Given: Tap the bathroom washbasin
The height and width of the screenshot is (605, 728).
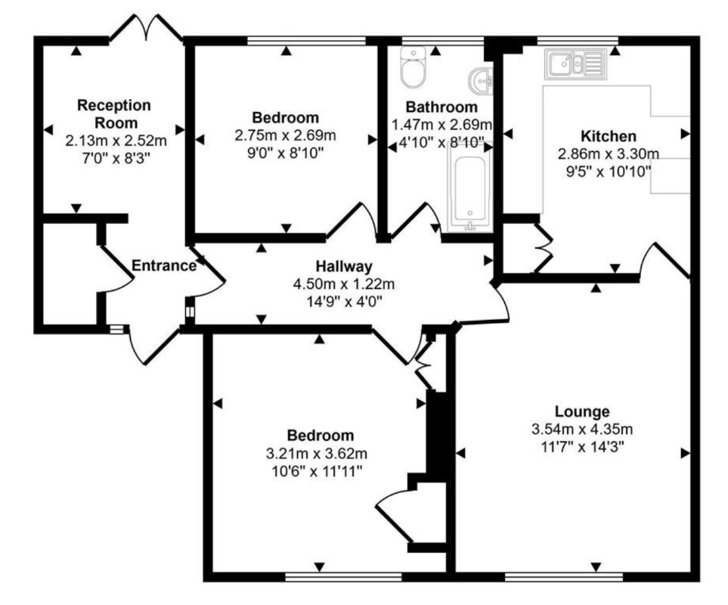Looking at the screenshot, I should tap(482, 78).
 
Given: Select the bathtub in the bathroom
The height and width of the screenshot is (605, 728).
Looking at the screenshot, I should tap(470, 186).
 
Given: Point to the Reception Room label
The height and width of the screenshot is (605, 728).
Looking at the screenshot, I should tap(114, 113).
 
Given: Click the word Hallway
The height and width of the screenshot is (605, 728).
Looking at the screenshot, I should tap(344, 266).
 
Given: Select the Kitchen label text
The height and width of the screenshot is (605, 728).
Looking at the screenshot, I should tap(608, 136).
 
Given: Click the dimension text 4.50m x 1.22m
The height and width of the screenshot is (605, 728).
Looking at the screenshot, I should tap(345, 284).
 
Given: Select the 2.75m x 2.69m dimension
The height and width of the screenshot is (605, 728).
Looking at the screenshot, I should tap(285, 135).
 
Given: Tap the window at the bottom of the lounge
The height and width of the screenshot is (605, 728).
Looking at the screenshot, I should tap(563, 576).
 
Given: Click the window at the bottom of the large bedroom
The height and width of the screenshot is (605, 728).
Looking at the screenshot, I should tap(343, 576).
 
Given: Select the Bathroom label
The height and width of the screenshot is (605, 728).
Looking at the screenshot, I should tap(441, 107).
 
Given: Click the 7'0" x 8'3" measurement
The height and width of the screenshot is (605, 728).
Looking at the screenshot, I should tap(115, 157).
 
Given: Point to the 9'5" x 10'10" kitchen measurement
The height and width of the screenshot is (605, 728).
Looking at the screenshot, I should tap(608, 170).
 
